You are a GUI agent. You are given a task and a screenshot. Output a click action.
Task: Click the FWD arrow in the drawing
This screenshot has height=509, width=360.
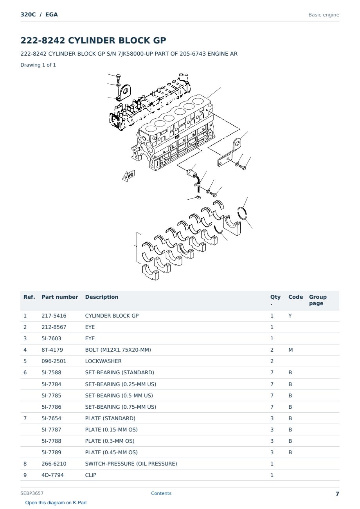click(129, 176)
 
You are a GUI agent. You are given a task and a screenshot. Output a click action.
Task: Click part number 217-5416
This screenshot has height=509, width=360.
click(54, 316)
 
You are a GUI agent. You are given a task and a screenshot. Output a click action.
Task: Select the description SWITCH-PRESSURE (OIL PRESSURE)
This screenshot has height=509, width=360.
click(131, 464)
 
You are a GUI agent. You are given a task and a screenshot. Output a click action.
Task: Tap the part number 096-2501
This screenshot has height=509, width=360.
click(54, 361)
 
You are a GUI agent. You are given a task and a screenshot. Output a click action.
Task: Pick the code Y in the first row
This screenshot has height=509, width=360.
click(290, 316)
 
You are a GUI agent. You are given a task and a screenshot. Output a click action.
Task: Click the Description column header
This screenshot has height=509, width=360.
click(102, 297)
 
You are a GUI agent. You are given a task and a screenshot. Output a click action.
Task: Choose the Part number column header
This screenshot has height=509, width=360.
click(60, 297)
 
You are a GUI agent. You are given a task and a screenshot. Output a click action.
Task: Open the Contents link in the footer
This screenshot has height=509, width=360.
click(161, 493)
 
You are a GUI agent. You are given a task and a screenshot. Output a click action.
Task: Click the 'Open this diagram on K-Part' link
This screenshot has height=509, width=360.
click(56, 502)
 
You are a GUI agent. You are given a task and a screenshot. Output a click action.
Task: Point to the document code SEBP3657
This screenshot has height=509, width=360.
click(32, 493)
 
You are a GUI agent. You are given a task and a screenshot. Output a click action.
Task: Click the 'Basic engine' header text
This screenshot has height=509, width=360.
click(324, 15)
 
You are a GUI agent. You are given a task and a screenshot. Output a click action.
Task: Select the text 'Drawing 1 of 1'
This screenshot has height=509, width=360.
click(38, 65)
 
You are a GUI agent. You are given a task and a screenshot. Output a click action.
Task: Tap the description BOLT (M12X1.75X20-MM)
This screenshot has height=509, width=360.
click(118, 350)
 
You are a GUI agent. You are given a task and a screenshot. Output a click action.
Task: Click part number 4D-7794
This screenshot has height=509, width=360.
click(52, 475)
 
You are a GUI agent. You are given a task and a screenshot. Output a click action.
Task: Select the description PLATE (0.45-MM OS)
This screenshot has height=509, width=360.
click(111, 452)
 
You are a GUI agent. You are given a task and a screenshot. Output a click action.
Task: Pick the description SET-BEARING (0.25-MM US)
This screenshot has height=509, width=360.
click(121, 384)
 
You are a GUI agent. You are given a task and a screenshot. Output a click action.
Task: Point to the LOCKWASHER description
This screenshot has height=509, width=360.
click(103, 361)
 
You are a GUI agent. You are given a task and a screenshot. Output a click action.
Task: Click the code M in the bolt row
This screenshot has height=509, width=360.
click(290, 350)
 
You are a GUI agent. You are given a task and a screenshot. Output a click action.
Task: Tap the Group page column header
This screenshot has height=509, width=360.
click(318, 300)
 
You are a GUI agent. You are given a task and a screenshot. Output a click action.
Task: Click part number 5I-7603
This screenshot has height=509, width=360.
click(51, 338)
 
